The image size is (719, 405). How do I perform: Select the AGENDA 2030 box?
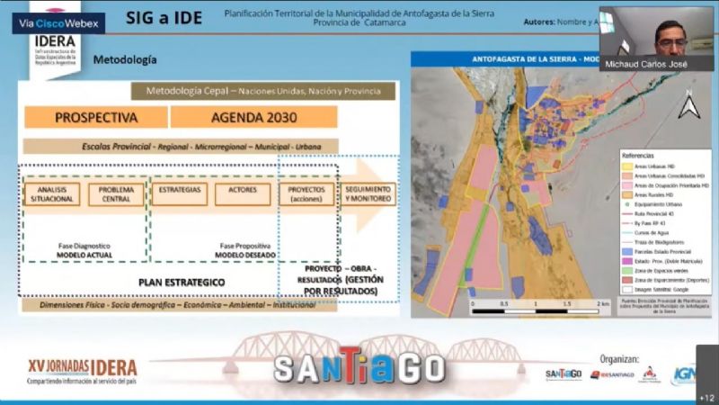tap(253, 117)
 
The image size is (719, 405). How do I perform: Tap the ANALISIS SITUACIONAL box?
tap(52, 193)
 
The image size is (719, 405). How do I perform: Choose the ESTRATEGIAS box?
tap(179, 193)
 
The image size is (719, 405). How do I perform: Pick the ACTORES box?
tap(243, 193)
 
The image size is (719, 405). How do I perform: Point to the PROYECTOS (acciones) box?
tap(306, 193)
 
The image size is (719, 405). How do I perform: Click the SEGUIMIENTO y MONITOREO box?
tap(366, 193)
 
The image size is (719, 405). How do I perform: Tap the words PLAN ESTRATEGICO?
tap(182, 282)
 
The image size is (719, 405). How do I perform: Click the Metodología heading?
tap(125, 60)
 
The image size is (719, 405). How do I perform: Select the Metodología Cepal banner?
tap(262, 91)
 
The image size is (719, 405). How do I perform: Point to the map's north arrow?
tap(689, 106)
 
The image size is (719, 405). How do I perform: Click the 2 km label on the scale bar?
tap(596, 305)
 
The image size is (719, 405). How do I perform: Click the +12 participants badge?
tap(706, 397)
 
